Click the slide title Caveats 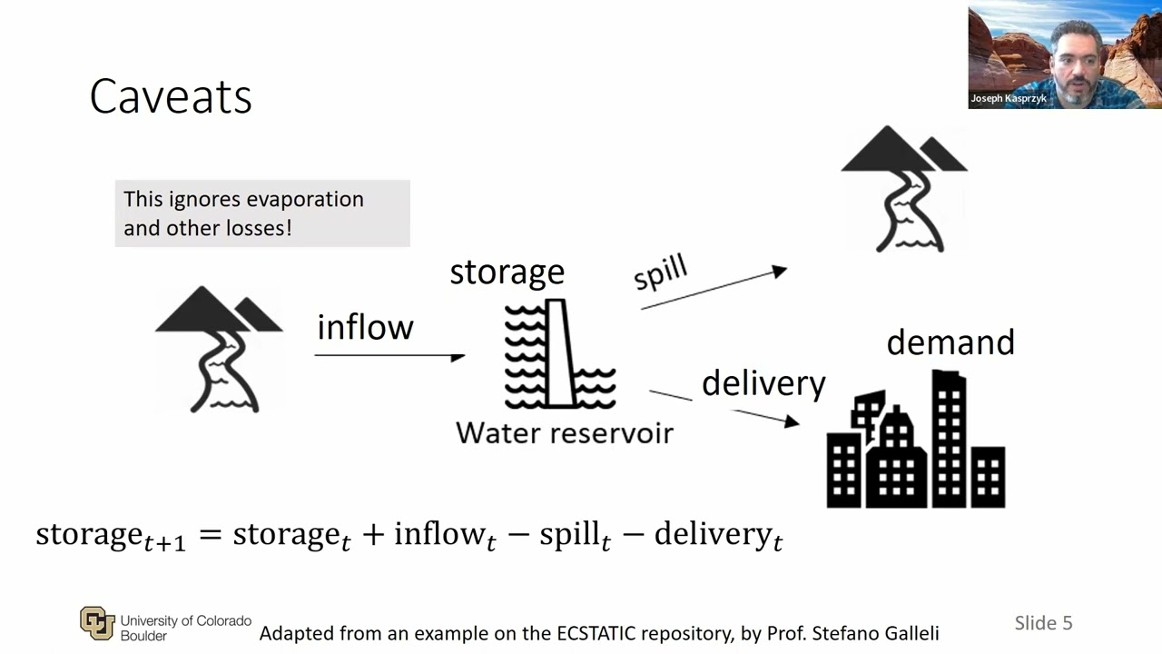pyautogui.click(x=171, y=96)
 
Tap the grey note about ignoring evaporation pyautogui.click(x=261, y=213)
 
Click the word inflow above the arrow pyautogui.click(x=365, y=327)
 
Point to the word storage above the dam pyautogui.click(x=507, y=272)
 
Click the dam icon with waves pyautogui.click(x=559, y=354)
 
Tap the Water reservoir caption pyautogui.click(x=564, y=432)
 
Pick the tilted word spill pyautogui.click(x=661, y=272)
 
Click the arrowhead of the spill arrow pyautogui.click(x=779, y=271)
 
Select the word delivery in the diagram pyautogui.click(x=763, y=383)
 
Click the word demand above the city pyautogui.click(x=950, y=342)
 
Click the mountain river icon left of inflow pyautogui.click(x=219, y=351)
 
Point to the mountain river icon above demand pyautogui.click(x=903, y=190)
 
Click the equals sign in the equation pyautogui.click(x=210, y=534)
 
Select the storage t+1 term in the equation pyautogui.click(x=110, y=535)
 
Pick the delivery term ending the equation pyautogui.click(x=717, y=535)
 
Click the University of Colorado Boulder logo pyautogui.click(x=97, y=622)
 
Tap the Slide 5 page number pyautogui.click(x=1043, y=622)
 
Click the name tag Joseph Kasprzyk pyautogui.click(x=1009, y=98)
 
